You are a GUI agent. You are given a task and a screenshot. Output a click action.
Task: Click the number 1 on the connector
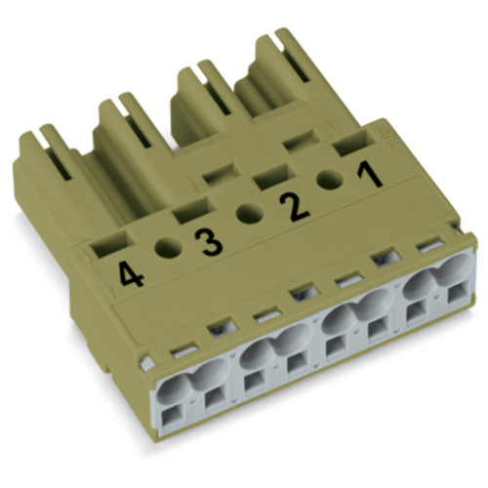point(368,178)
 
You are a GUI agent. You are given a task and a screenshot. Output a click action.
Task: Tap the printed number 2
point(290,208)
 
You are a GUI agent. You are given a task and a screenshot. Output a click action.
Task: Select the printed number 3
point(209,239)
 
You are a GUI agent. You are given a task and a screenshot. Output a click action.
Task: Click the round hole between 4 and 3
point(167,248)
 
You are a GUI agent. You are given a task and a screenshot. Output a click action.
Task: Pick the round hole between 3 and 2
point(250,215)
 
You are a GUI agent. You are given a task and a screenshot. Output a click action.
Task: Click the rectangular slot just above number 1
point(347,146)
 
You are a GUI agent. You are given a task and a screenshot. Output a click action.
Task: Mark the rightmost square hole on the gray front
point(455,304)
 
